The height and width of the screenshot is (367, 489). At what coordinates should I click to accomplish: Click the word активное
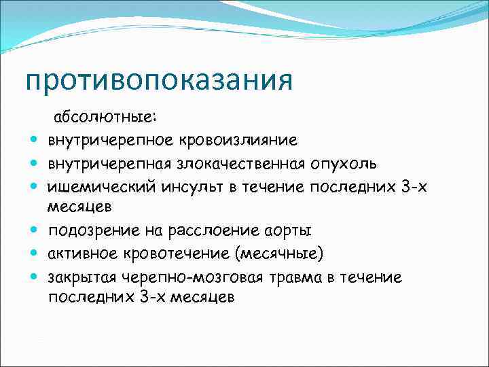point(80,254)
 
